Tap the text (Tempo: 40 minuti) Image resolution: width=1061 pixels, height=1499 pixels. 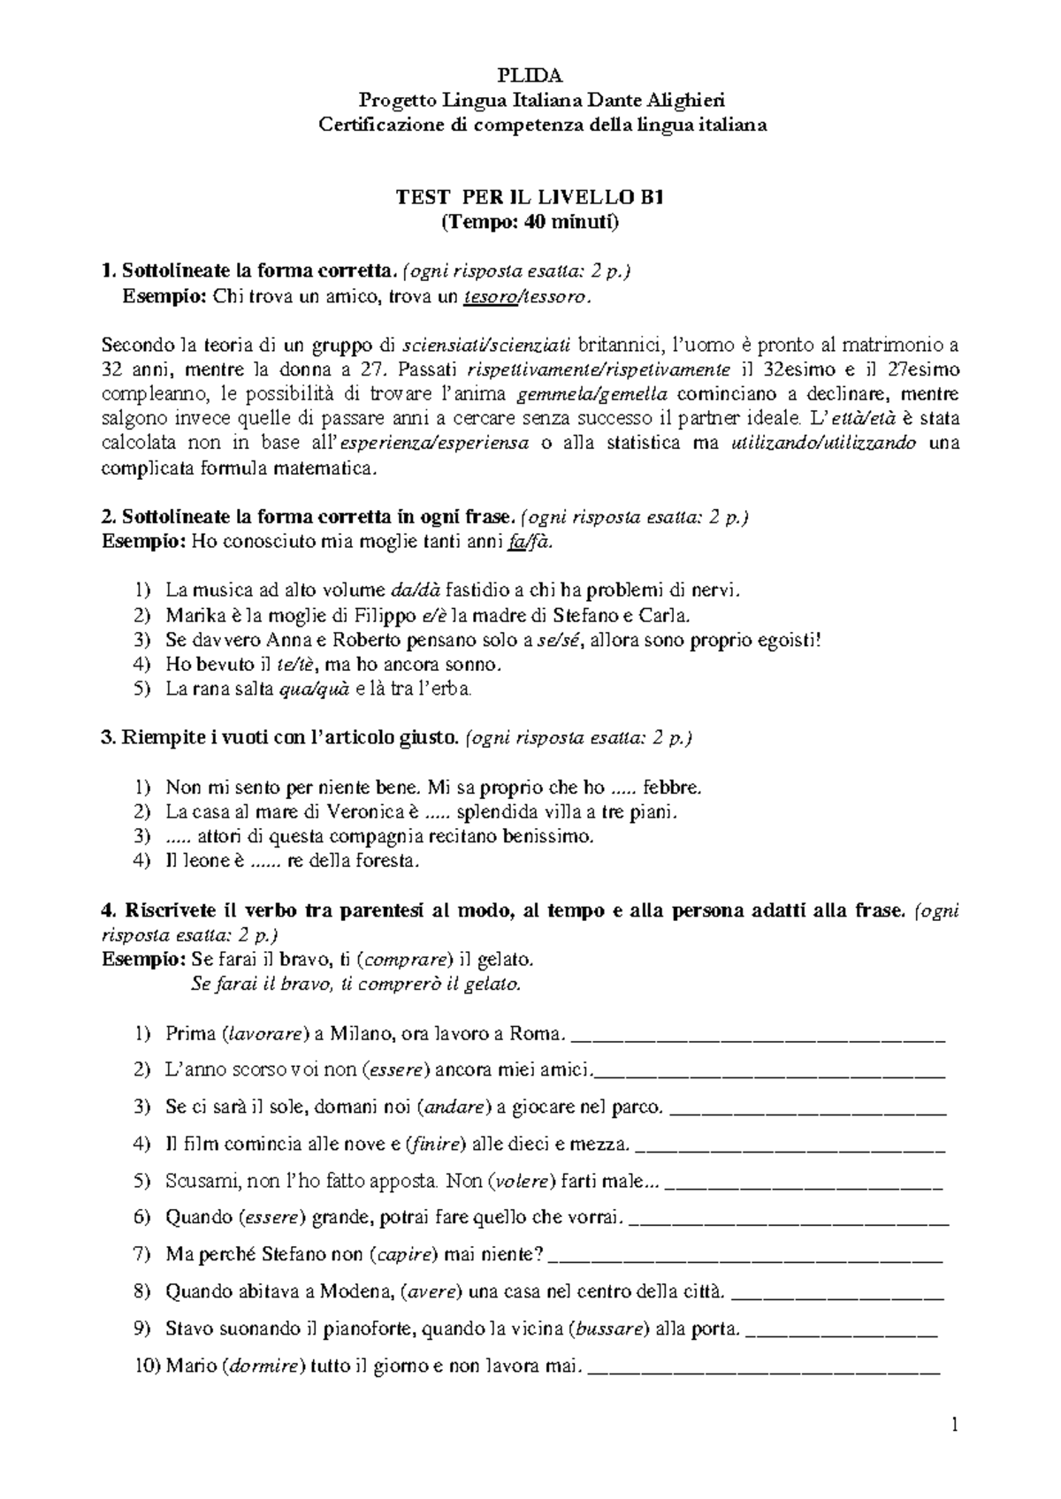coord(530,222)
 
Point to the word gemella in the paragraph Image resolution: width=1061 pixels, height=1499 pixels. coord(636,394)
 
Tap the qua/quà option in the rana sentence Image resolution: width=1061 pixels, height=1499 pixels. coord(314,689)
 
